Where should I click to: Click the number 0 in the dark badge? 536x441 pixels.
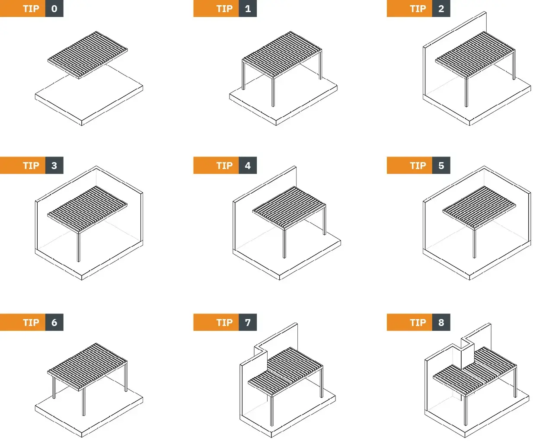[x=54, y=9]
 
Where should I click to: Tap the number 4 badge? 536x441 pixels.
[x=248, y=166]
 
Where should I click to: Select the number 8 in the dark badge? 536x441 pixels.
[x=441, y=322]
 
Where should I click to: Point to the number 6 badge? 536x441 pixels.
[x=54, y=322]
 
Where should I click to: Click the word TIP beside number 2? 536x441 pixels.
[x=418, y=9]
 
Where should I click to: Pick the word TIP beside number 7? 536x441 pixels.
[x=224, y=322]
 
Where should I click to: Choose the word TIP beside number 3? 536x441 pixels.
[x=31, y=166]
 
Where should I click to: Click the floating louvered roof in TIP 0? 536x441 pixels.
[x=87, y=55]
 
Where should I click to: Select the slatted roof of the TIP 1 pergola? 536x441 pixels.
[x=282, y=54]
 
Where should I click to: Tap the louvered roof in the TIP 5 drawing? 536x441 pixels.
[x=479, y=207]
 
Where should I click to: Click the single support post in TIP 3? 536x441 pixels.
[x=79, y=246]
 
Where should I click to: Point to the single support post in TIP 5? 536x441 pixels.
[x=474, y=243]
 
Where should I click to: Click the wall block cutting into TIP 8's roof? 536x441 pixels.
[x=467, y=356]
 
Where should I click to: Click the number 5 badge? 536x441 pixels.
[x=441, y=166]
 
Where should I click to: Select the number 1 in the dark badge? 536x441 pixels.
[x=248, y=9]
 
